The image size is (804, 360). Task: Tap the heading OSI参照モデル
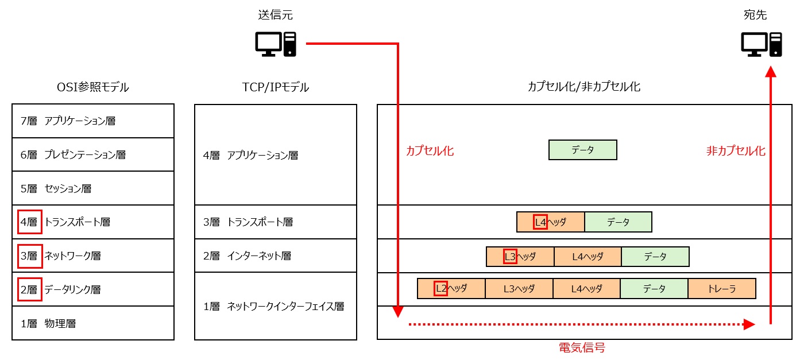(92, 87)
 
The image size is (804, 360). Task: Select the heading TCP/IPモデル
(275, 87)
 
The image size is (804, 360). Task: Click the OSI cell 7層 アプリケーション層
(92, 121)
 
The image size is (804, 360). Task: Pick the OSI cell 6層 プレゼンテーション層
(92, 154)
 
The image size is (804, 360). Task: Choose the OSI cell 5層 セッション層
(92, 188)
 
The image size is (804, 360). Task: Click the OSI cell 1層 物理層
(92, 323)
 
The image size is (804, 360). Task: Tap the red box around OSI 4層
(29, 222)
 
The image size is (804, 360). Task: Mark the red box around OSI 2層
(29, 289)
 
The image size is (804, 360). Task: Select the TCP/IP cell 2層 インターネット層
(275, 256)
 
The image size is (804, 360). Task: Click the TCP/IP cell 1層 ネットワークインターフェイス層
(275, 307)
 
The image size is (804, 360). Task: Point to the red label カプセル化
(430, 151)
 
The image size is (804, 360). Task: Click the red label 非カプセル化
(736, 151)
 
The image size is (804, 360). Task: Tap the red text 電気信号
(582, 347)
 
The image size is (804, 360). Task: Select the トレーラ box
(722, 289)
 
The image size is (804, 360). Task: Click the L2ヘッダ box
(451, 289)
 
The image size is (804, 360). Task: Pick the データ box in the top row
(582, 150)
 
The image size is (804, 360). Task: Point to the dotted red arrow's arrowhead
(748, 324)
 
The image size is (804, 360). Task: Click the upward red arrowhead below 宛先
(771, 71)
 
